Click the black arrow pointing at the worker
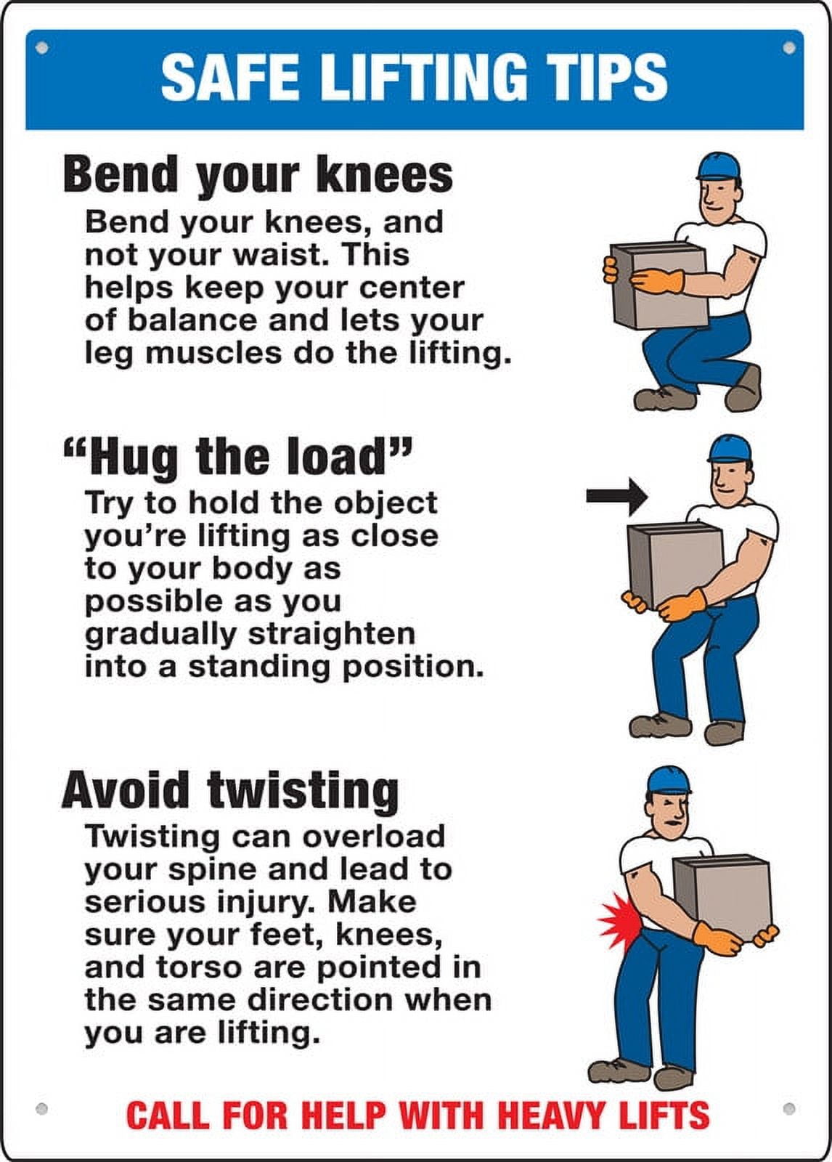click(x=616, y=496)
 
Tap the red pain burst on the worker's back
click(x=619, y=919)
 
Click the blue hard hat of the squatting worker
click(x=717, y=166)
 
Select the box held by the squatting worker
click(x=659, y=285)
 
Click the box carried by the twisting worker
click(x=720, y=896)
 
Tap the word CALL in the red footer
click(x=169, y=1115)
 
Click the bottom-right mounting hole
click(x=789, y=1109)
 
